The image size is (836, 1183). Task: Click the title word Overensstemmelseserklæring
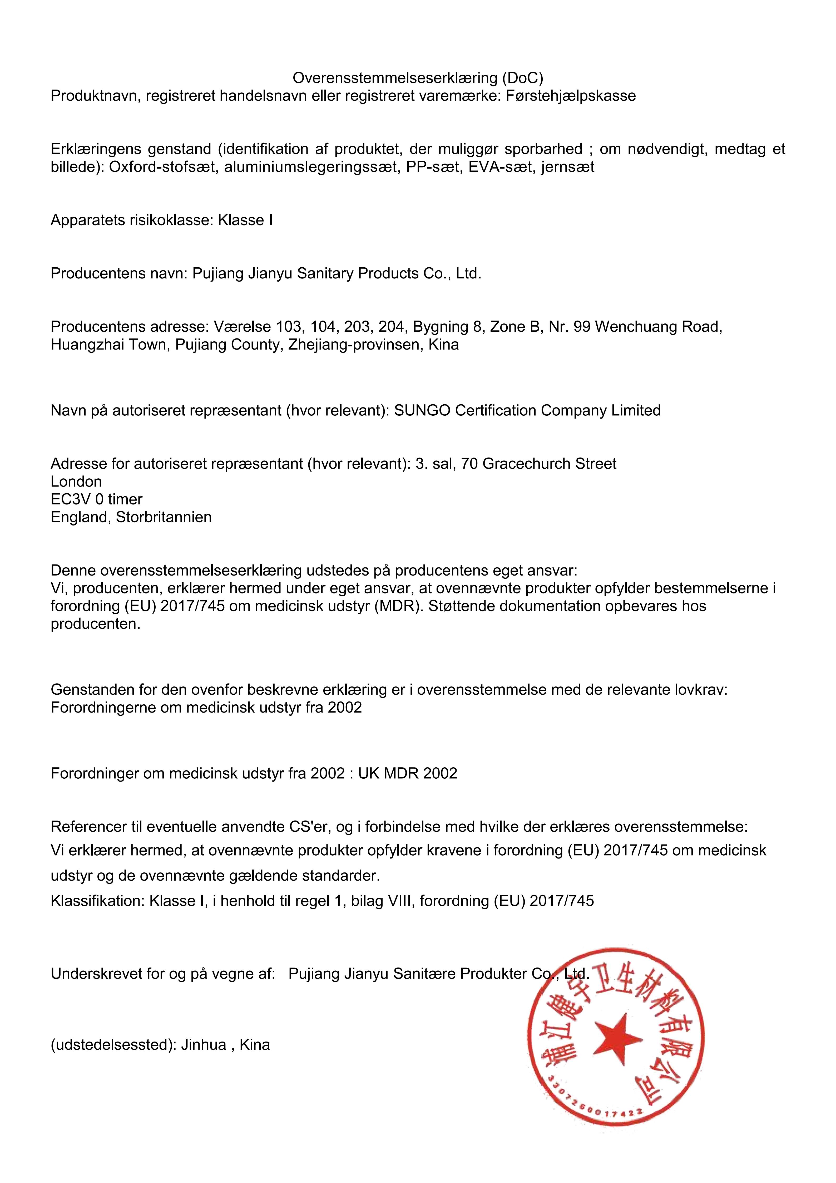tap(394, 78)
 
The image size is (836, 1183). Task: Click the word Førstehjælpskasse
tap(571, 96)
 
